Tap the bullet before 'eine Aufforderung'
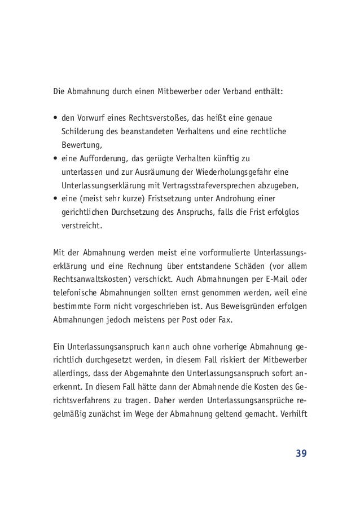(x=55, y=159)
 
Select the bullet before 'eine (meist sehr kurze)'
(x=55, y=198)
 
